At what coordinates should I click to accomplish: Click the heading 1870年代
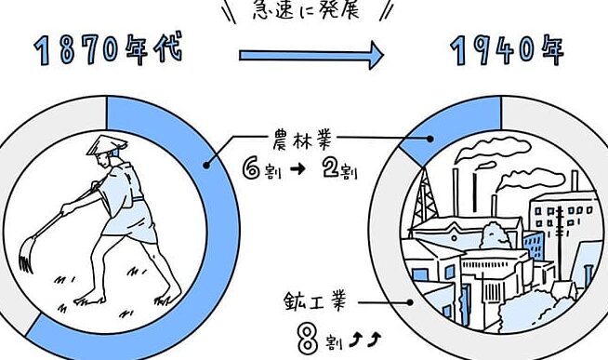(x=108, y=50)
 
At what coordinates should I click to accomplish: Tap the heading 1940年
(x=508, y=50)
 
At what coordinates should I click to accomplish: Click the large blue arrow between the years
(x=311, y=55)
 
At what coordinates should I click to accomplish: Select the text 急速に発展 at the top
(x=306, y=10)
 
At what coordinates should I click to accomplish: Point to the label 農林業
(x=302, y=140)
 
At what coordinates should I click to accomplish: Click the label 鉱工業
(x=314, y=301)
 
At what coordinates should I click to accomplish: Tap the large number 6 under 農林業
(x=251, y=169)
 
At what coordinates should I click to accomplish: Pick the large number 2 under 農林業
(x=331, y=168)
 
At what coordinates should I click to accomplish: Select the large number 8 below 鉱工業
(x=309, y=339)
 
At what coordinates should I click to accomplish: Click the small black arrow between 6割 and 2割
(x=297, y=169)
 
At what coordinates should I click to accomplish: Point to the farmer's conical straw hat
(x=107, y=145)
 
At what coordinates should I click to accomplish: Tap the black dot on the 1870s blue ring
(x=206, y=166)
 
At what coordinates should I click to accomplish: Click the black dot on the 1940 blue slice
(x=430, y=139)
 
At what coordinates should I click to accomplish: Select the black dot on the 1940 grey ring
(x=410, y=302)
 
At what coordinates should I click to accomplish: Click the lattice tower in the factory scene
(x=425, y=198)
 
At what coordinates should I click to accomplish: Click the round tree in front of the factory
(x=494, y=235)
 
